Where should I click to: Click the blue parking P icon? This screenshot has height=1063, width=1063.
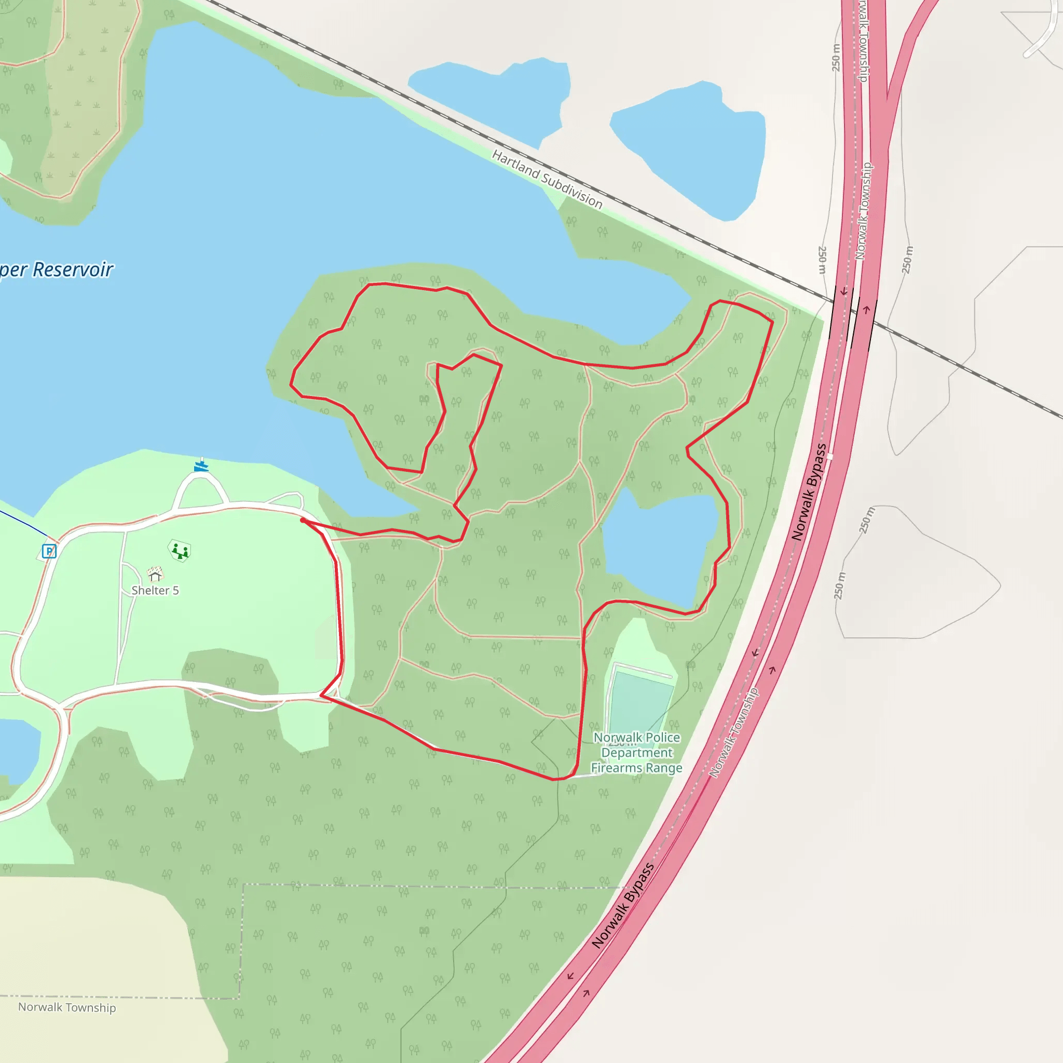click(x=49, y=551)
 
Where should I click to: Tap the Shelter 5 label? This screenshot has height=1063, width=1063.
click(x=155, y=590)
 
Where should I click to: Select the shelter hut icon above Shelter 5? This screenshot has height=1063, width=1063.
click(x=155, y=575)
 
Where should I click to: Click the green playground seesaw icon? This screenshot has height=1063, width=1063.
click(x=180, y=550)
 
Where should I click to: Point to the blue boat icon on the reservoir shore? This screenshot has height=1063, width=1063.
click(x=201, y=467)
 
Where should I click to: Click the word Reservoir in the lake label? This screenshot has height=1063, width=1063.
click(x=73, y=269)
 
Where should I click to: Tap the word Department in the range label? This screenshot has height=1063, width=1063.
click(x=636, y=753)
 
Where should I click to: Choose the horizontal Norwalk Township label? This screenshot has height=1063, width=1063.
click(x=67, y=1007)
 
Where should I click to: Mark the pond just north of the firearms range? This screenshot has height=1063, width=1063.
click(x=660, y=548)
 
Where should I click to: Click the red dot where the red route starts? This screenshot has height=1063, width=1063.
click(x=303, y=520)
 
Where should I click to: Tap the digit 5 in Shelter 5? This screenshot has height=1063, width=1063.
click(x=175, y=590)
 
